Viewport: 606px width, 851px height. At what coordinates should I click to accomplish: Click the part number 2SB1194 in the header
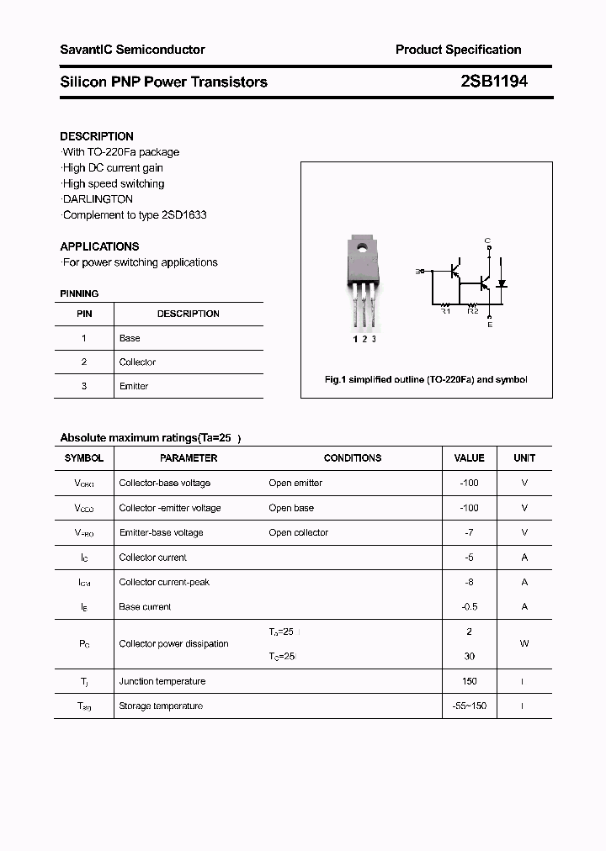pos(494,82)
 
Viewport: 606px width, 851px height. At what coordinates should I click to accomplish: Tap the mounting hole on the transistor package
pos(361,248)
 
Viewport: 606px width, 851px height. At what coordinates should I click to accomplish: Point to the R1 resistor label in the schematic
pos(446,311)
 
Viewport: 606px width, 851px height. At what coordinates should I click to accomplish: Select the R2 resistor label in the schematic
pos(473,311)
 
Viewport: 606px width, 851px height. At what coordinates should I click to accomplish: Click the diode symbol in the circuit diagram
pos(502,283)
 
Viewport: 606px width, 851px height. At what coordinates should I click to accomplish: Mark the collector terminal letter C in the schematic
pos(487,241)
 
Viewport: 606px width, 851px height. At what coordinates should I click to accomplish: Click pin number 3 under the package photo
pos(374,339)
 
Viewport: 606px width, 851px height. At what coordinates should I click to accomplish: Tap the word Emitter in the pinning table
pos(134,386)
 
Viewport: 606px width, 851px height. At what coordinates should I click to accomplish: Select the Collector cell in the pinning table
pos(137,362)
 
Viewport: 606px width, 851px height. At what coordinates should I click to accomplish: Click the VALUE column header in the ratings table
pos(469,458)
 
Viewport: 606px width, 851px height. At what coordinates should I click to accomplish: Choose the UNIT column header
pos(524,458)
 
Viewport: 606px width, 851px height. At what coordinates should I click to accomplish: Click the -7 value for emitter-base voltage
pos(469,532)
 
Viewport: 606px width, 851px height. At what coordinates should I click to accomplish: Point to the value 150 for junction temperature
pos(469,681)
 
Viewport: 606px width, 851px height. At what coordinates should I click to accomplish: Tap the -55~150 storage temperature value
pos(469,706)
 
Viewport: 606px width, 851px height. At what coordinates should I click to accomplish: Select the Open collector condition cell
pos(299,532)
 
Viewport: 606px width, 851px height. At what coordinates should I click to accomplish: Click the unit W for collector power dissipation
pos(524,643)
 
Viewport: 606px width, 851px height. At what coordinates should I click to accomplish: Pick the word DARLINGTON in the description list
pos(98,199)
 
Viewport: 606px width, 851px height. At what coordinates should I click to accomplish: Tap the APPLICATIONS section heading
pos(99,246)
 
